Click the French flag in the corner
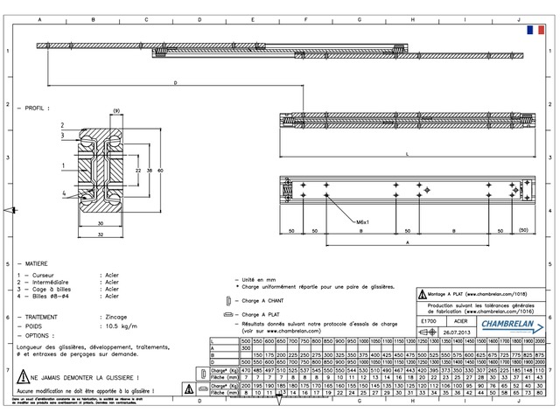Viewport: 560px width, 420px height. point(530,30)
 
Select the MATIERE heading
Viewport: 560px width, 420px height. point(37,262)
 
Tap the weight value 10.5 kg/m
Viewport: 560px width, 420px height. point(117,325)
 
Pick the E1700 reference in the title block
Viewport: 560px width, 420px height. point(428,322)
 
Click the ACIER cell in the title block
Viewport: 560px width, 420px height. point(461,322)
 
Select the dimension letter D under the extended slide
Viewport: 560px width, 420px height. point(176,83)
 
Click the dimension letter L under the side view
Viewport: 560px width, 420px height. point(408,154)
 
